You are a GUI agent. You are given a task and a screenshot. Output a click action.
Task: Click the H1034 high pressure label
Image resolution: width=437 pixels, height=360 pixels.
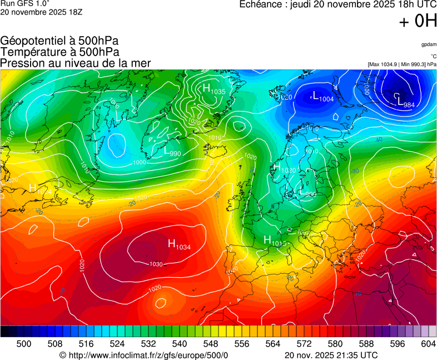tap(179, 244)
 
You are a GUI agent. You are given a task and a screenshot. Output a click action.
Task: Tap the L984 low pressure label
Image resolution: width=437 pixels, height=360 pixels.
tap(406, 103)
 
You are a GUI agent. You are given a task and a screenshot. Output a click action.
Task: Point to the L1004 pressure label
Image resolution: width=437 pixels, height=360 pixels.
tap(323, 97)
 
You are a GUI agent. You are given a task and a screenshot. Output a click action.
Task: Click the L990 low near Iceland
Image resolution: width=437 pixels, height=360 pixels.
tap(172, 152)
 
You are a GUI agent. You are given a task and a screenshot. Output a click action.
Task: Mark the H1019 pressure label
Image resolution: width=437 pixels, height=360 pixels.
tap(275, 241)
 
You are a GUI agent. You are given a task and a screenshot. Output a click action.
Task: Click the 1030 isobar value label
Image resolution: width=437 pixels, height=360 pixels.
tap(156, 264)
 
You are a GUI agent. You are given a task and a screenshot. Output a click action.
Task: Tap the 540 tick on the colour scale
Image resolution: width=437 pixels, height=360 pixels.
tap(180, 344)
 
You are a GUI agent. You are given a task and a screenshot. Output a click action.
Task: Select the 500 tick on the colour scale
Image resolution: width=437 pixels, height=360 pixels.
tap(24, 344)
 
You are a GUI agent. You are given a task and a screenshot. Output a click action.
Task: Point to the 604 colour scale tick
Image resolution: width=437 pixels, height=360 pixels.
tap(428, 344)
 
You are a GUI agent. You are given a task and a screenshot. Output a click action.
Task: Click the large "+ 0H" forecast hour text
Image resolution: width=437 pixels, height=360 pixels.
tap(418, 22)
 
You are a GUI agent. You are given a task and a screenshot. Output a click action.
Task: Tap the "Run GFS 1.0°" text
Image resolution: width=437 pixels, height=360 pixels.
tap(22, 3)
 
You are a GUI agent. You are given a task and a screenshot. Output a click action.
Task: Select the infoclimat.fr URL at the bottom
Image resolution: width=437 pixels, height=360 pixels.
tap(143, 355)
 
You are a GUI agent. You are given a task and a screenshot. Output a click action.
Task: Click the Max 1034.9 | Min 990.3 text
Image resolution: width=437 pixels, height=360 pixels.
tap(402, 64)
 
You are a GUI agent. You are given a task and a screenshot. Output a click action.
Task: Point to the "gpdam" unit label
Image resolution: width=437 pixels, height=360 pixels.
tap(429, 44)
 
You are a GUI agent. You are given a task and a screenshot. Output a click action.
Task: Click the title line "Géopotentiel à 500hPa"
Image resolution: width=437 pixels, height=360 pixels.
tap(59, 41)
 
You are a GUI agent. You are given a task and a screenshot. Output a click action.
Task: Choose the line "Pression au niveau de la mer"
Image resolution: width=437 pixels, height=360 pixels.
tap(76, 63)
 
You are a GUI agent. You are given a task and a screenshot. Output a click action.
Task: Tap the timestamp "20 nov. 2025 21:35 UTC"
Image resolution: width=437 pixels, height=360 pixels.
tap(331, 355)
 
